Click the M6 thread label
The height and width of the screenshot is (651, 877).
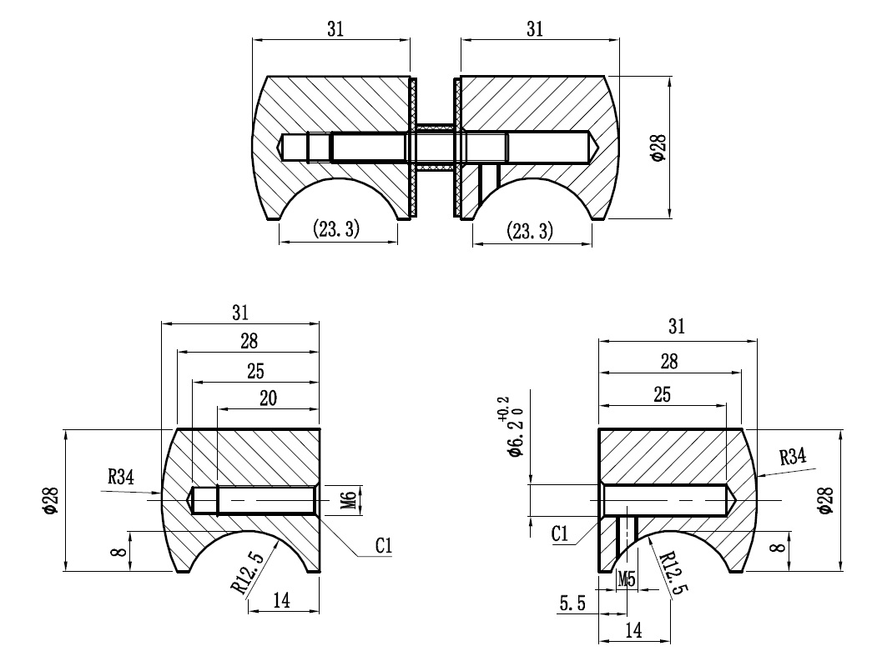(349, 500)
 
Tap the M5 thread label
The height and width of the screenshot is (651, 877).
(627, 579)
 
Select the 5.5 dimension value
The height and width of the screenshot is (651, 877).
(572, 603)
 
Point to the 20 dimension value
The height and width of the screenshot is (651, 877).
(268, 398)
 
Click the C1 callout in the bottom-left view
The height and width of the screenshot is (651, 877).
(384, 545)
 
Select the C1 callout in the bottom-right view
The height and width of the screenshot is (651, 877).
(560, 534)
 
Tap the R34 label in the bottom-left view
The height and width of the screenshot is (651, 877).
(121, 478)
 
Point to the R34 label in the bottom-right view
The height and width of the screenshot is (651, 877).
(793, 457)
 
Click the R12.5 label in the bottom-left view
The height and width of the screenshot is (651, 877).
(247, 572)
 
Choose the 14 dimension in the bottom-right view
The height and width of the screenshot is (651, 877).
(633, 630)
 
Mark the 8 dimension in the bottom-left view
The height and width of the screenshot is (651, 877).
(118, 552)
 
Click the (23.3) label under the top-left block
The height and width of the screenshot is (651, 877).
(335, 228)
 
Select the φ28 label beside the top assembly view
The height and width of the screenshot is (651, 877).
(659, 148)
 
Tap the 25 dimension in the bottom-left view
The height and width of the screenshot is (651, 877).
(255, 370)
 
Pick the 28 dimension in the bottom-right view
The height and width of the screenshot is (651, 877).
(669, 362)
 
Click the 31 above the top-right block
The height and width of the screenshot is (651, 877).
(535, 28)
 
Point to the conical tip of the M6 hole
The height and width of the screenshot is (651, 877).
(189, 499)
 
